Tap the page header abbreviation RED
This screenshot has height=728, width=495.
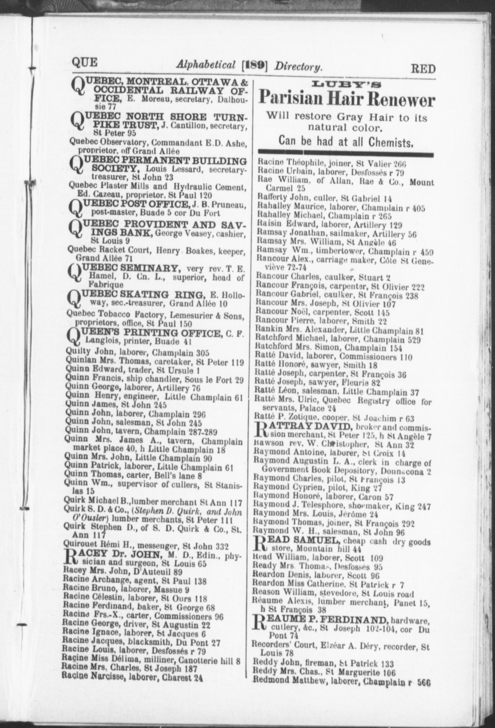pos(423,68)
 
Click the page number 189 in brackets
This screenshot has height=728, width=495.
pos(255,66)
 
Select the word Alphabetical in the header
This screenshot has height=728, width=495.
pos(206,65)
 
